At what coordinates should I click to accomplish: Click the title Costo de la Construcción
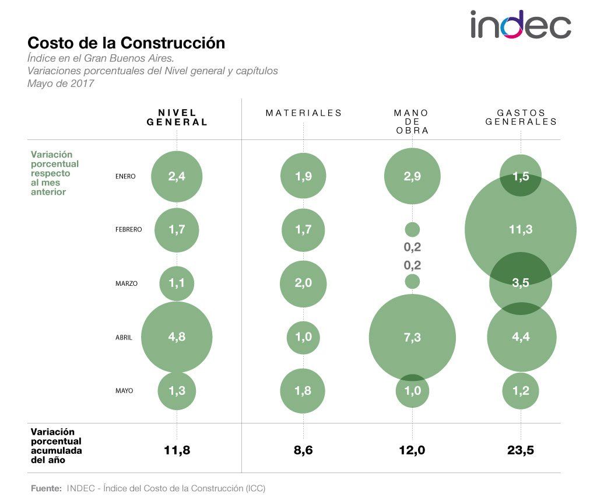click(x=127, y=43)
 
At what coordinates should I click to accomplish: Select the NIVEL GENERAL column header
click(x=177, y=117)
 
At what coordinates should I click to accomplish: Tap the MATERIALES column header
click(x=303, y=113)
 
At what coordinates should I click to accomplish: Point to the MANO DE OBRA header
click(x=412, y=121)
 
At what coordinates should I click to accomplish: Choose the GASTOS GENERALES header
click(x=521, y=117)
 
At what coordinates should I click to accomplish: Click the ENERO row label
click(x=125, y=176)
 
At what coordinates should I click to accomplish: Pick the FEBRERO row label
click(x=128, y=230)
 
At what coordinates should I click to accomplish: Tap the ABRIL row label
click(x=123, y=337)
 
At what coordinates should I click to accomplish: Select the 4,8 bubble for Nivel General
click(x=177, y=337)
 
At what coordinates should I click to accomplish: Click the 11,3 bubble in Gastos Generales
click(x=521, y=230)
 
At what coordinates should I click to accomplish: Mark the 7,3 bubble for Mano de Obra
click(x=412, y=337)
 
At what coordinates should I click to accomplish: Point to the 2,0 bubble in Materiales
click(x=303, y=283)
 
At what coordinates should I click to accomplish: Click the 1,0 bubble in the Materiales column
click(x=303, y=337)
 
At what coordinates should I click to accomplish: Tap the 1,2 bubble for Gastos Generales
click(x=521, y=391)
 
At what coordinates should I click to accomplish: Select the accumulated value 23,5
click(x=521, y=450)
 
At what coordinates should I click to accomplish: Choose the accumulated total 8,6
click(x=303, y=450)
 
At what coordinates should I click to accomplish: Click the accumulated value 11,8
click(x=177, y=450)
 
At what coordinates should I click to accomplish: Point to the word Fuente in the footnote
click(x=45, y=488)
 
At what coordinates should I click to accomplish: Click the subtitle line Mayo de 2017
click(x=61, y=83)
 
